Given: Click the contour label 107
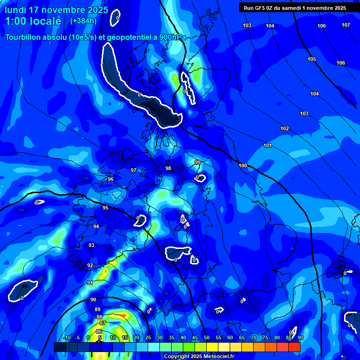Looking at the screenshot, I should [x=345, y=25].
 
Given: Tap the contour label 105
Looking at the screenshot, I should [x=312, y=59].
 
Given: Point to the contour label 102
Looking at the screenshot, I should [x=285, y=128].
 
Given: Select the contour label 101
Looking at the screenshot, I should [x=268, y=145].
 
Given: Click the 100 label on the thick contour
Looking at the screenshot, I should [x=243, y=165].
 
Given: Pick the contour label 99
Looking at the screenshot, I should [x=197, y=162].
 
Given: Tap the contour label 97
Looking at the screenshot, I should [x=134, y=170].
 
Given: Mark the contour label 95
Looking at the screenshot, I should [x=105, y=208].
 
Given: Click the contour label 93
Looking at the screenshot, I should [x=91, y=245].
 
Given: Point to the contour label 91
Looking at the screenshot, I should [x=90, y=283].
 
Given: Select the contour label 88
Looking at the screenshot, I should [x=99, y=317].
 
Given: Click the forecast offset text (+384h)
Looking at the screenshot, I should [x=83, y=21].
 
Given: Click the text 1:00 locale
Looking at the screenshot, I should [x=33, y=21].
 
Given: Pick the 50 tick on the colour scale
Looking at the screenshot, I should [x=207, y=337].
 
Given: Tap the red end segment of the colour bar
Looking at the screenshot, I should [x=294, y=347].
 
